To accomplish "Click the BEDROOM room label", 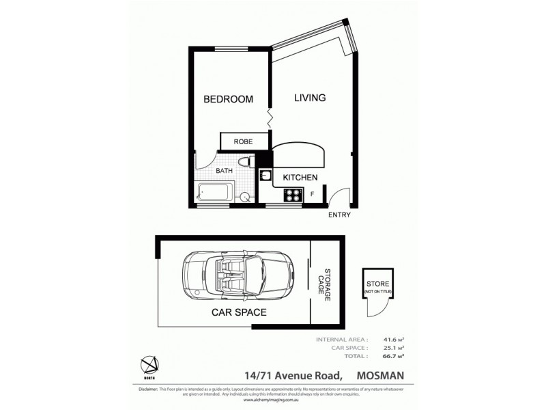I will coord(228,99).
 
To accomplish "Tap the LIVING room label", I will coord(309,98).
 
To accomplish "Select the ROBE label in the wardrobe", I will coord(243,141).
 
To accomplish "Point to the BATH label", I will coord(225,171).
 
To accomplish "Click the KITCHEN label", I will coord(300,178).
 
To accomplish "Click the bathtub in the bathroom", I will coord(216,192).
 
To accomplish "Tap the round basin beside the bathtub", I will coord(244,197).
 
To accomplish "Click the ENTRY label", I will coord(339,215).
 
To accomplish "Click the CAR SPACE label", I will coord(239,313).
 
